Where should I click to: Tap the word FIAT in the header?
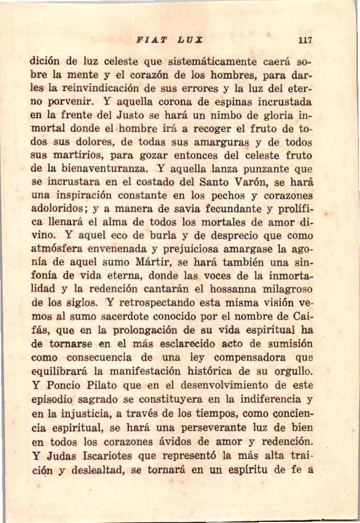point(150,40)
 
